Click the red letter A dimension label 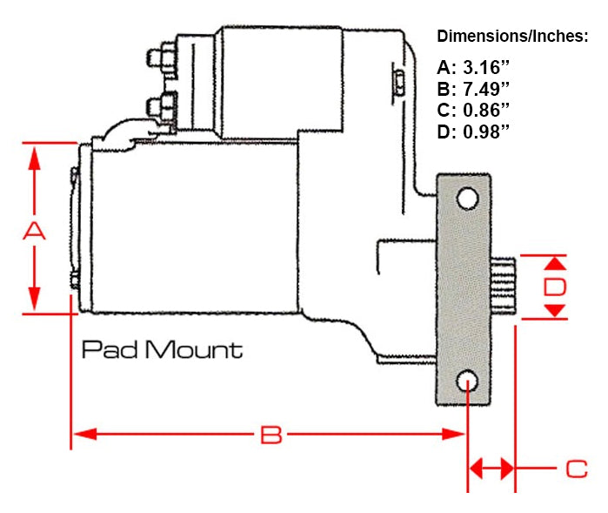point(33,231)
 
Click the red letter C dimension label point(576,469)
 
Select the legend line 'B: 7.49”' point(474,89)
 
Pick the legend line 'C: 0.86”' point(474,110)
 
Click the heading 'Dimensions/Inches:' point(512,37)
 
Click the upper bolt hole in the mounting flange point(468,199)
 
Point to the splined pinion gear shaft point(504,287)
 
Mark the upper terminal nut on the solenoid point(164,58)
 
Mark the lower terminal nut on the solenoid point(162,108)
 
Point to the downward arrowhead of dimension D point(556,311)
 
